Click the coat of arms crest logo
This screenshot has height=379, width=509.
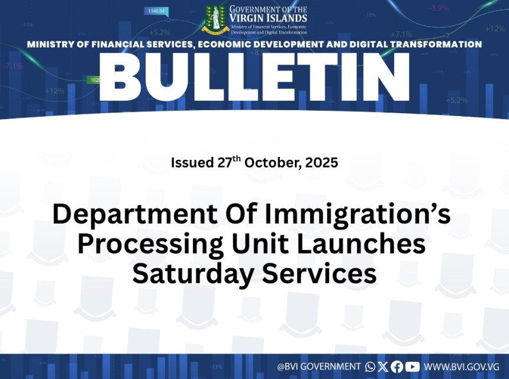point(216,20)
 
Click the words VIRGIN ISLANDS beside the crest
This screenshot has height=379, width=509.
point(268,18)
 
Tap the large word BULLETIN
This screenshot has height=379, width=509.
point(254,78)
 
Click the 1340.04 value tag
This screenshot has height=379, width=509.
point(156,11)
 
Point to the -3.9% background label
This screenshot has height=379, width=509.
point(439,8)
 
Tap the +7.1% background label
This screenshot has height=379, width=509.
point(401,34)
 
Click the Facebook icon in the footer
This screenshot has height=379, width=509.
point(397,367)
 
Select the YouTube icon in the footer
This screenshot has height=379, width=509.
point(413,367)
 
